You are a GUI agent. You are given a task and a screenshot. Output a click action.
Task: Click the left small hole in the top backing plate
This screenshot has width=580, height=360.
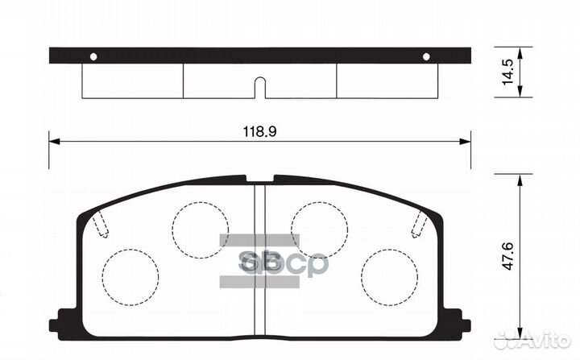click(x=93, y=56)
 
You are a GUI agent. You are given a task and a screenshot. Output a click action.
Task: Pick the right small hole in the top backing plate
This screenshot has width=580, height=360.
click(x=427, y=56)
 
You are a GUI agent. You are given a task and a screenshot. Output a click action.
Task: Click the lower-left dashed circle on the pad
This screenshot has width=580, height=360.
click(x=130, y=276)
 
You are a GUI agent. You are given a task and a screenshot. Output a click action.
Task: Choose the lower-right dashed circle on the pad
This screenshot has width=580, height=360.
click(x=389, y=276)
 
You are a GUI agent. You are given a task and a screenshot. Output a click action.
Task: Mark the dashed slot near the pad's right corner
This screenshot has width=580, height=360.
click(x=419, y=223)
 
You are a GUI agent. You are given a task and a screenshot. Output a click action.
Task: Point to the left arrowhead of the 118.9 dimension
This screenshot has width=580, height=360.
click(x=54, y=141)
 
